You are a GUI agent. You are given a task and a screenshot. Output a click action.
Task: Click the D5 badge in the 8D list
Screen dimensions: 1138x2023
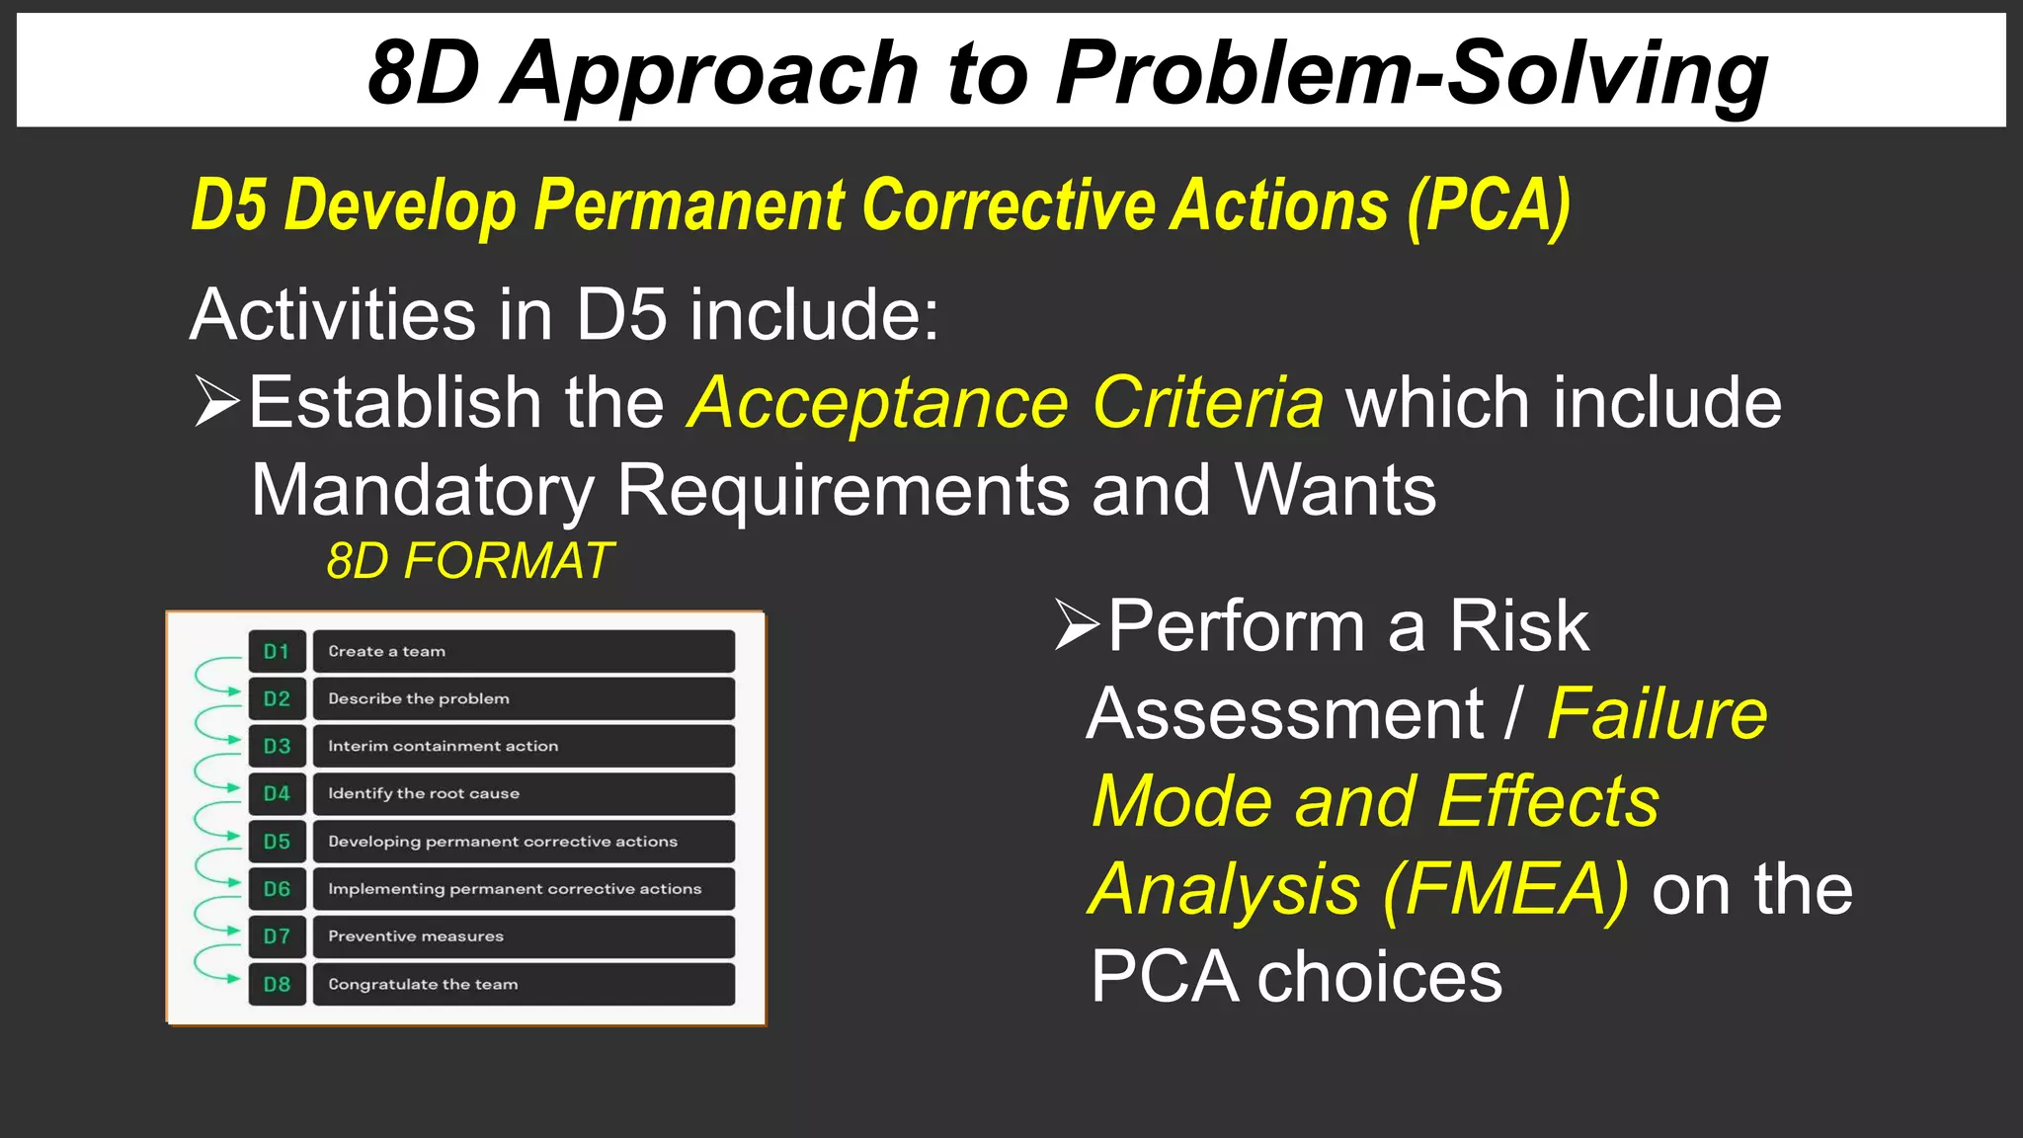coord(277,842)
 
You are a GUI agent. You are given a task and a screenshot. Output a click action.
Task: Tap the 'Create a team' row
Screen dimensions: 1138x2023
coord(524,652)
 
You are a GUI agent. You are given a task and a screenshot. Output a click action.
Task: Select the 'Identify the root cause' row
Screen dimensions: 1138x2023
coord(524,794)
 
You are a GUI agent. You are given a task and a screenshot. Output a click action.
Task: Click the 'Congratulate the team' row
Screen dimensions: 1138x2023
coord(524,985)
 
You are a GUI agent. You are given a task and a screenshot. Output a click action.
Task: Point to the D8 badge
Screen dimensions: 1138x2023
coord(277,985)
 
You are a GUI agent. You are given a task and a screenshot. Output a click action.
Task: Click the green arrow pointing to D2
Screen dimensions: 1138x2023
coord(215,682)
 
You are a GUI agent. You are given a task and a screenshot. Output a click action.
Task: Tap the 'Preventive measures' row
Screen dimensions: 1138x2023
coord(524,936)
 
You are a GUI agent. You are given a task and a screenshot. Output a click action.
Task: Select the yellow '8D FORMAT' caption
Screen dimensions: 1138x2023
coord(470,561)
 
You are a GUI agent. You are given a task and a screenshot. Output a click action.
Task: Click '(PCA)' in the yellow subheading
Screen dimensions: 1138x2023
coord(1489,205)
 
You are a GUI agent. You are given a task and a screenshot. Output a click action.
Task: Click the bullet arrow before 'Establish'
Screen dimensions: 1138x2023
coord(216,401)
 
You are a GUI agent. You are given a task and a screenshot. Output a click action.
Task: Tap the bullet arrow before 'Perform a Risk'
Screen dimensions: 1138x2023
coord(1077,624)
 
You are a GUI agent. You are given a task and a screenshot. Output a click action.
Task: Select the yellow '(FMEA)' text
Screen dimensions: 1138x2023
coord(1505,889)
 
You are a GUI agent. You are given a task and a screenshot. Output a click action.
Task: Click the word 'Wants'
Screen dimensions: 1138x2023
coord(1335,490)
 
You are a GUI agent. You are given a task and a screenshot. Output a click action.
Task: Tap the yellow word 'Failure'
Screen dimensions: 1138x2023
coord(1657,713)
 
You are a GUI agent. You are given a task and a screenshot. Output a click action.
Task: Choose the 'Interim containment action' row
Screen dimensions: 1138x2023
coord(524,747)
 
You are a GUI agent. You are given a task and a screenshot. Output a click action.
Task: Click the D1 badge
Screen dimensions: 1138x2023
coord(277,652)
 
